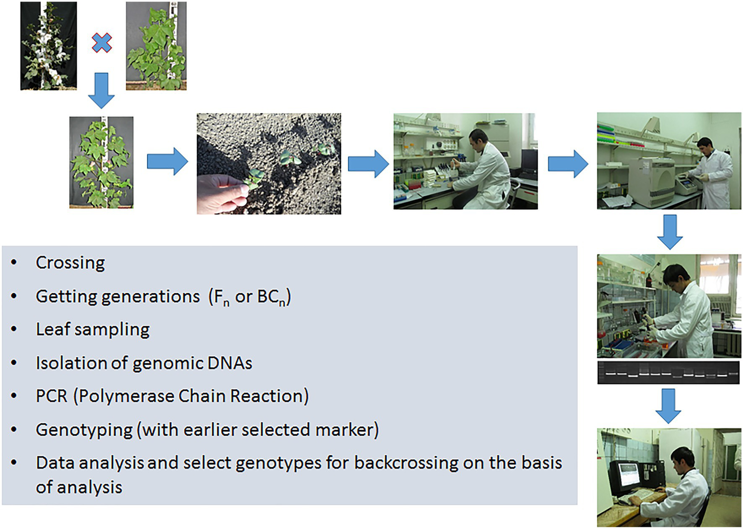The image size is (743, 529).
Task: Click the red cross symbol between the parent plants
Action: [102, 43]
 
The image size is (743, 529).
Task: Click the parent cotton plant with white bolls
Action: [48, 46]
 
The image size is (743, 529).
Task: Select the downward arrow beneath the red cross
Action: [101, 91]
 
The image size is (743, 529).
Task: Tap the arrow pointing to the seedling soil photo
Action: [167, 161]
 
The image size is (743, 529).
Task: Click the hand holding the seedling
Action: [220, 193]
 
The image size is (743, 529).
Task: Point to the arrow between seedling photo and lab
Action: [368, 164]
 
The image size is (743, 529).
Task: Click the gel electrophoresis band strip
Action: [668, 373]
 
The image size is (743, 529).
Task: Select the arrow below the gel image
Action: [668, 406]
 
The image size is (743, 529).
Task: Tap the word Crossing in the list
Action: [70, 263]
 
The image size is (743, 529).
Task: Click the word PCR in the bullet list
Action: [51, 396]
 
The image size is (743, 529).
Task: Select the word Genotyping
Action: [84, 430]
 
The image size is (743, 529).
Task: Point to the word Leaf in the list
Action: [53, 330]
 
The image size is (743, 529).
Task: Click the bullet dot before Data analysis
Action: [14, 463]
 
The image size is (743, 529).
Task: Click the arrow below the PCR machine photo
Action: [669, 232]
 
